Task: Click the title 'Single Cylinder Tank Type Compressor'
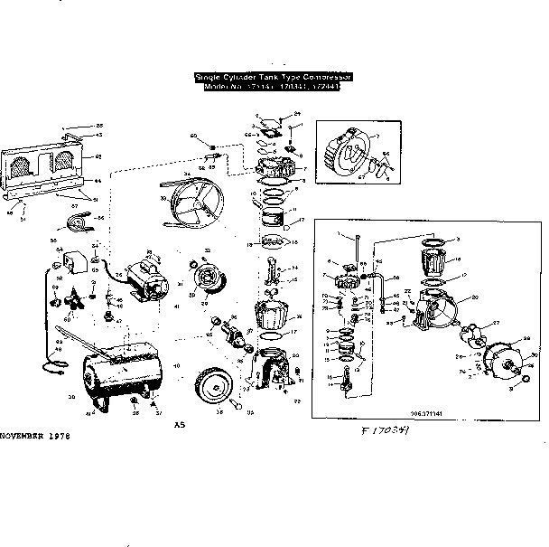pos(274,78)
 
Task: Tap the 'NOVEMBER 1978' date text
pos(34,437)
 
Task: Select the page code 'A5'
pos(179,424)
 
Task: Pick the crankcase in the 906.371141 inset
pos(438,315)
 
